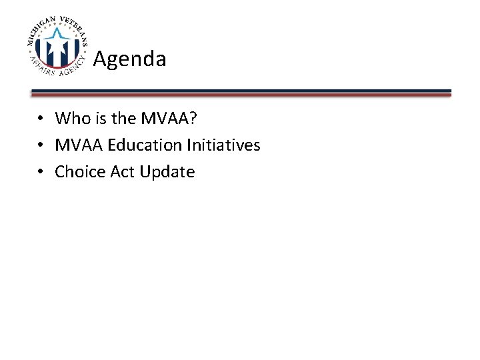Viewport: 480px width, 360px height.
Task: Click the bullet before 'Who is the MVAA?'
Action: pyautogui.click(x=41, y=119)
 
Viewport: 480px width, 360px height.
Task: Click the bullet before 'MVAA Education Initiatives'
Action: pyautogui.click(x=41, y=145)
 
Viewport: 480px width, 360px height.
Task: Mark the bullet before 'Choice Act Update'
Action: pyautogui.click(x=41, y=172)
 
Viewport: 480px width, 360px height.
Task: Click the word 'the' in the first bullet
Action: pyautogui.click(x=123, y=119)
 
